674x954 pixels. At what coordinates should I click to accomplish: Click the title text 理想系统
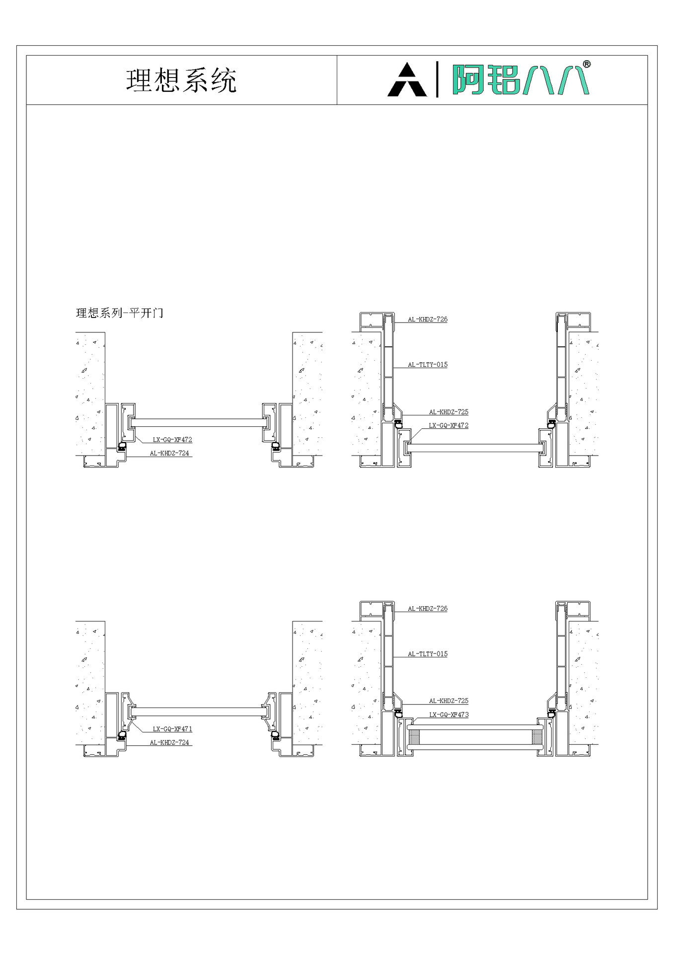181,80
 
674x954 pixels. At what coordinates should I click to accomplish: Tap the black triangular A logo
407,80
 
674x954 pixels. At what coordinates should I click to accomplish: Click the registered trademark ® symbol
586,64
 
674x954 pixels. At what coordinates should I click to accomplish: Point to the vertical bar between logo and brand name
437,79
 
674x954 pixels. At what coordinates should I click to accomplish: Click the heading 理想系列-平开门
119,313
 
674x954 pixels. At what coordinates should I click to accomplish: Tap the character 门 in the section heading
158,313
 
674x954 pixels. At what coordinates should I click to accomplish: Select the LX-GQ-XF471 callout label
172,729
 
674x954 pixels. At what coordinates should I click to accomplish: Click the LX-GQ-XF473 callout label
449,715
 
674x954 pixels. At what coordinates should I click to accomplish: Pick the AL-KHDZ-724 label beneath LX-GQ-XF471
169,742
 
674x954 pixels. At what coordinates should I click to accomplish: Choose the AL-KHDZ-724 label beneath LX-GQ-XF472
169,453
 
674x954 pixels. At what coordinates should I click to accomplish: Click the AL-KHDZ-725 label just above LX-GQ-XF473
449,701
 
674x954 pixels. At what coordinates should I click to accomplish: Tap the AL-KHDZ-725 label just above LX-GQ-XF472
449,412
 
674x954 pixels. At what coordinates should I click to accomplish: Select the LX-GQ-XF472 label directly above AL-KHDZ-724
172,440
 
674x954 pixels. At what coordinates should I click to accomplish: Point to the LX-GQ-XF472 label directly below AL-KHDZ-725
449,425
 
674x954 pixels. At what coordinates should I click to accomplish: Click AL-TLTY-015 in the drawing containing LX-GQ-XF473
428,654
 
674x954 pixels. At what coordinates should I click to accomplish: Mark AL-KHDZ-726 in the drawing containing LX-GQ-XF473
428,608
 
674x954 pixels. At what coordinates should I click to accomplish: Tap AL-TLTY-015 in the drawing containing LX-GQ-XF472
428,365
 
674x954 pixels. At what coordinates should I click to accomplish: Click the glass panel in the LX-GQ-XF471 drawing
199,712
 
